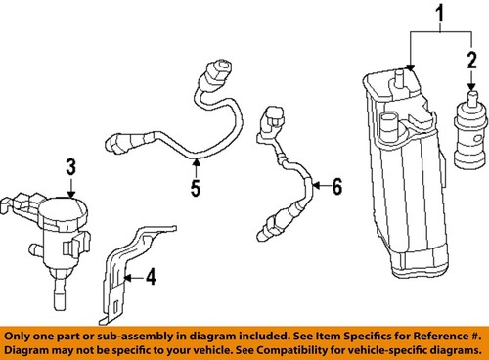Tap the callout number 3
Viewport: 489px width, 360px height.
(x=71, y=167)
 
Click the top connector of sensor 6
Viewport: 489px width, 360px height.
(x=273, y=123)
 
